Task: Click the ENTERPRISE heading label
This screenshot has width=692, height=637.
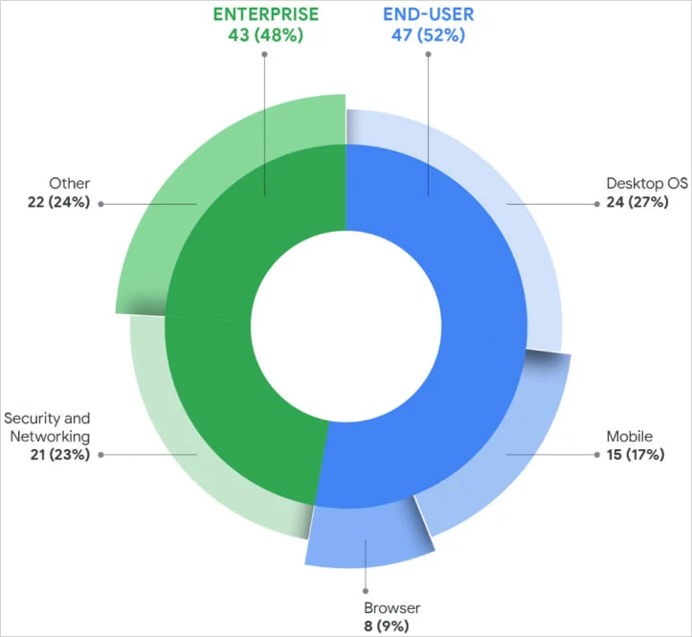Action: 265,15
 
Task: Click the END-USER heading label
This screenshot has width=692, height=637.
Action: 428,15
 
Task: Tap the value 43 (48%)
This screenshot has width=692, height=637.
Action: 265,36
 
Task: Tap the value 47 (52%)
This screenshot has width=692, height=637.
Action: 428,36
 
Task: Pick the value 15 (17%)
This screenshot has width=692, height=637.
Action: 635,455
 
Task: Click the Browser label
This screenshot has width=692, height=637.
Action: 391,608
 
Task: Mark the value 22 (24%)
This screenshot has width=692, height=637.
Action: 56,202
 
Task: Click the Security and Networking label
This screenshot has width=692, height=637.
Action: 47,427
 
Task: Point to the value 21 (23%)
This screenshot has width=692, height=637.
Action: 56,455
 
